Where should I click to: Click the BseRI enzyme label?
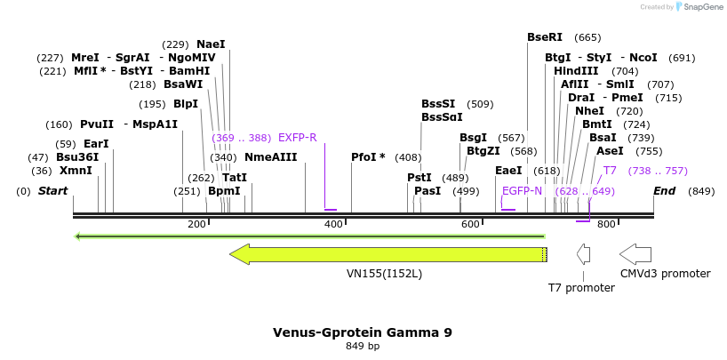pos(545,37)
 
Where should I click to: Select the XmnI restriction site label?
pos(76,171)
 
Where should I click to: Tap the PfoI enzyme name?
pos(365,157)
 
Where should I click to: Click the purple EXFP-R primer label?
pos(297,138)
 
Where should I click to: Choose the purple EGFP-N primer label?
pos(522,191)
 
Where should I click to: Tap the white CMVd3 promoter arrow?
pos(635,254)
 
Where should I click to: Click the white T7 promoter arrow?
pos(583,255)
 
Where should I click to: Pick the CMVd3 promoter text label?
pos(666,274)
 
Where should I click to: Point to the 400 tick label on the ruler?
pos(333,225)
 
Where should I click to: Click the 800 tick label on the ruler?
pos(606,225)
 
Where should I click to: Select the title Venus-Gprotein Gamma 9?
pos(363,332)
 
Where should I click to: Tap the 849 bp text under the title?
pos(363,347)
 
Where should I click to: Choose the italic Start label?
pos(53,191)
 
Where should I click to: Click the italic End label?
pos(664,191)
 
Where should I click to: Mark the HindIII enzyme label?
pos(577,71)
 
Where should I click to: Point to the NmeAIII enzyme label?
pos(270,157)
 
